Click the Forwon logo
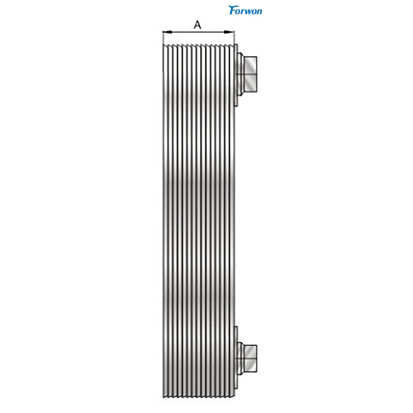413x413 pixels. click(x=245, y=10)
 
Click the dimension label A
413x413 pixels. click(x=197, y=24)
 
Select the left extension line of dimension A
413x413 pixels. click(x=163, y=37)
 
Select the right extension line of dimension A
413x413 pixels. click(x=234, y=37)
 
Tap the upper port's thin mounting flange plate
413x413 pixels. click(x=236, y=75)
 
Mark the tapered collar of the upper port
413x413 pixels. click(x=241, y=74)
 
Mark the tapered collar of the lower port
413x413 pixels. click(x=241, y=358)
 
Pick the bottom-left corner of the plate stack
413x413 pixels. click(x=163, y=397)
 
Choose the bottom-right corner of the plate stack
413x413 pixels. click(x=233, y=397)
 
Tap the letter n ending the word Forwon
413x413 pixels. click(x=259, y=10)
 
